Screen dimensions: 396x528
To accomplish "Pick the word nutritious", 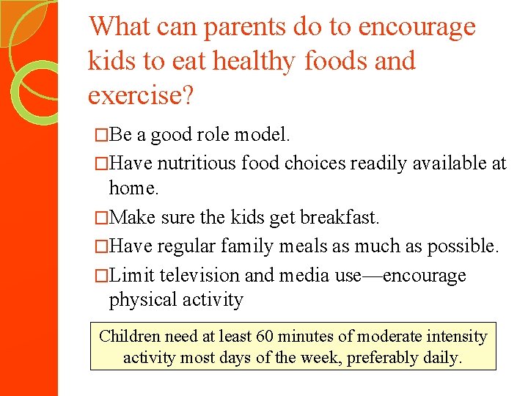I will tap(199, 163).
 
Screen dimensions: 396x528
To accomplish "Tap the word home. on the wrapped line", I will tap(133, 188).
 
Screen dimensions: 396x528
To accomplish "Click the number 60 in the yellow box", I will tap(265, 337).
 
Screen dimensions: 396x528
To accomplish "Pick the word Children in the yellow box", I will tap(130, 337).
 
